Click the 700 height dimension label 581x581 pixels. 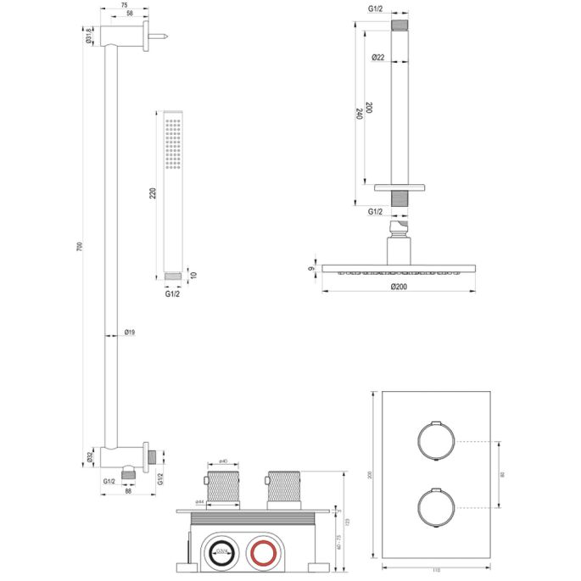pos(77,246)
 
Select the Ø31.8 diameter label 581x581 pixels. pos(88,35)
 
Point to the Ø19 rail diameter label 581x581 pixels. pos(130,332)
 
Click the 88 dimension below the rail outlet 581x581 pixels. pos(127,489)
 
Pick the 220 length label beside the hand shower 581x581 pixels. pos(152,194)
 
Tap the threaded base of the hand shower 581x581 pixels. pos(175,275)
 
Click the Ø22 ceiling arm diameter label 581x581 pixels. pos(380,57)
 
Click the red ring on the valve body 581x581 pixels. pos(262,556)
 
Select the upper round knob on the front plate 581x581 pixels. pos(434,441)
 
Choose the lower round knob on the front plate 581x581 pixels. pos(434,508)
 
